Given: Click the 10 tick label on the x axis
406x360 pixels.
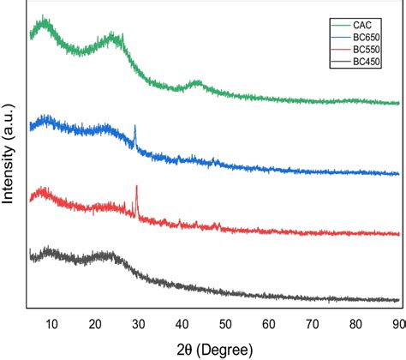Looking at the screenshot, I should pos(51,323).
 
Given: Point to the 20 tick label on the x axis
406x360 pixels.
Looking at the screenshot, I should pos(95,323).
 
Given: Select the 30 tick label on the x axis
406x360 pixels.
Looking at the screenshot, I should pos(139,323).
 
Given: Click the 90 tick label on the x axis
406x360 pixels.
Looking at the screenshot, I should pos(397,323).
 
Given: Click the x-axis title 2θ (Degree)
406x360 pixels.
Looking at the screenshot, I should pos(214,347).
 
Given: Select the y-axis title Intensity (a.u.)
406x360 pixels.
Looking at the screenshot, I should pos(9,163).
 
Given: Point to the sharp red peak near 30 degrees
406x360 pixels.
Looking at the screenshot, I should pos(137,187).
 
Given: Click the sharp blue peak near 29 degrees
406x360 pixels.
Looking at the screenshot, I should pos(134,127).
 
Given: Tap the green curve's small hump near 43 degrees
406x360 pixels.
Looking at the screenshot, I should pos(196,83).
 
